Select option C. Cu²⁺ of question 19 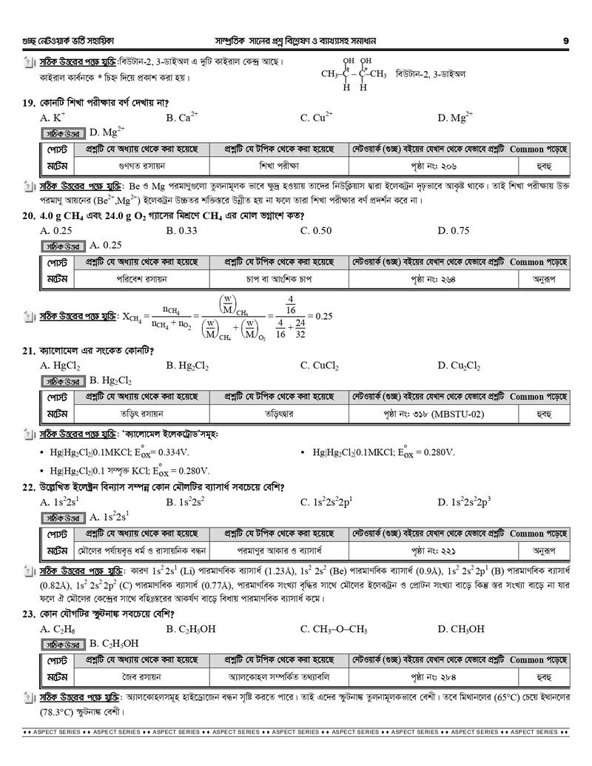point(317,117)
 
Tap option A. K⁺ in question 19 point(53,117)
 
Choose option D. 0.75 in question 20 point(454,230)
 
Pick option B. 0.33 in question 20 point(182,230)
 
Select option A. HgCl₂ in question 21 point(61,365)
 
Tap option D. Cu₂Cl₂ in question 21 point(460,365)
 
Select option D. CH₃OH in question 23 point(461,629)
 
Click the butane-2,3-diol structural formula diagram point(354,74)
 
